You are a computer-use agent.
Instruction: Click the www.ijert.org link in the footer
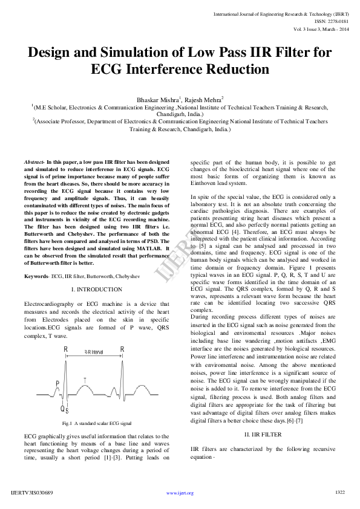pyautogui.click(x=180, y=493)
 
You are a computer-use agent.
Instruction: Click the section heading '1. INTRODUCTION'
pyautogui.click(x=97, y=290)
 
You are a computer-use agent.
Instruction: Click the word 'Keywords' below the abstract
pyautogui.click(x=36, y=276)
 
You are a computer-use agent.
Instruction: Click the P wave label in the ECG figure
pyautogui.click(x=57, y=383)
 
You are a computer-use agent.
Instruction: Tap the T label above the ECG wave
pyautogui.click(x=85, y=380)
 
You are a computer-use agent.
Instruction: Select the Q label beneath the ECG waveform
pyautogui.click(x=62, y=408)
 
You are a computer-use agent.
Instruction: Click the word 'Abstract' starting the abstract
pyautogui.click(x=34, y=163)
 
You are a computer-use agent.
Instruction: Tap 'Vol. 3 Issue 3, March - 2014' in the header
pyautogui.click(x=321, y=28)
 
